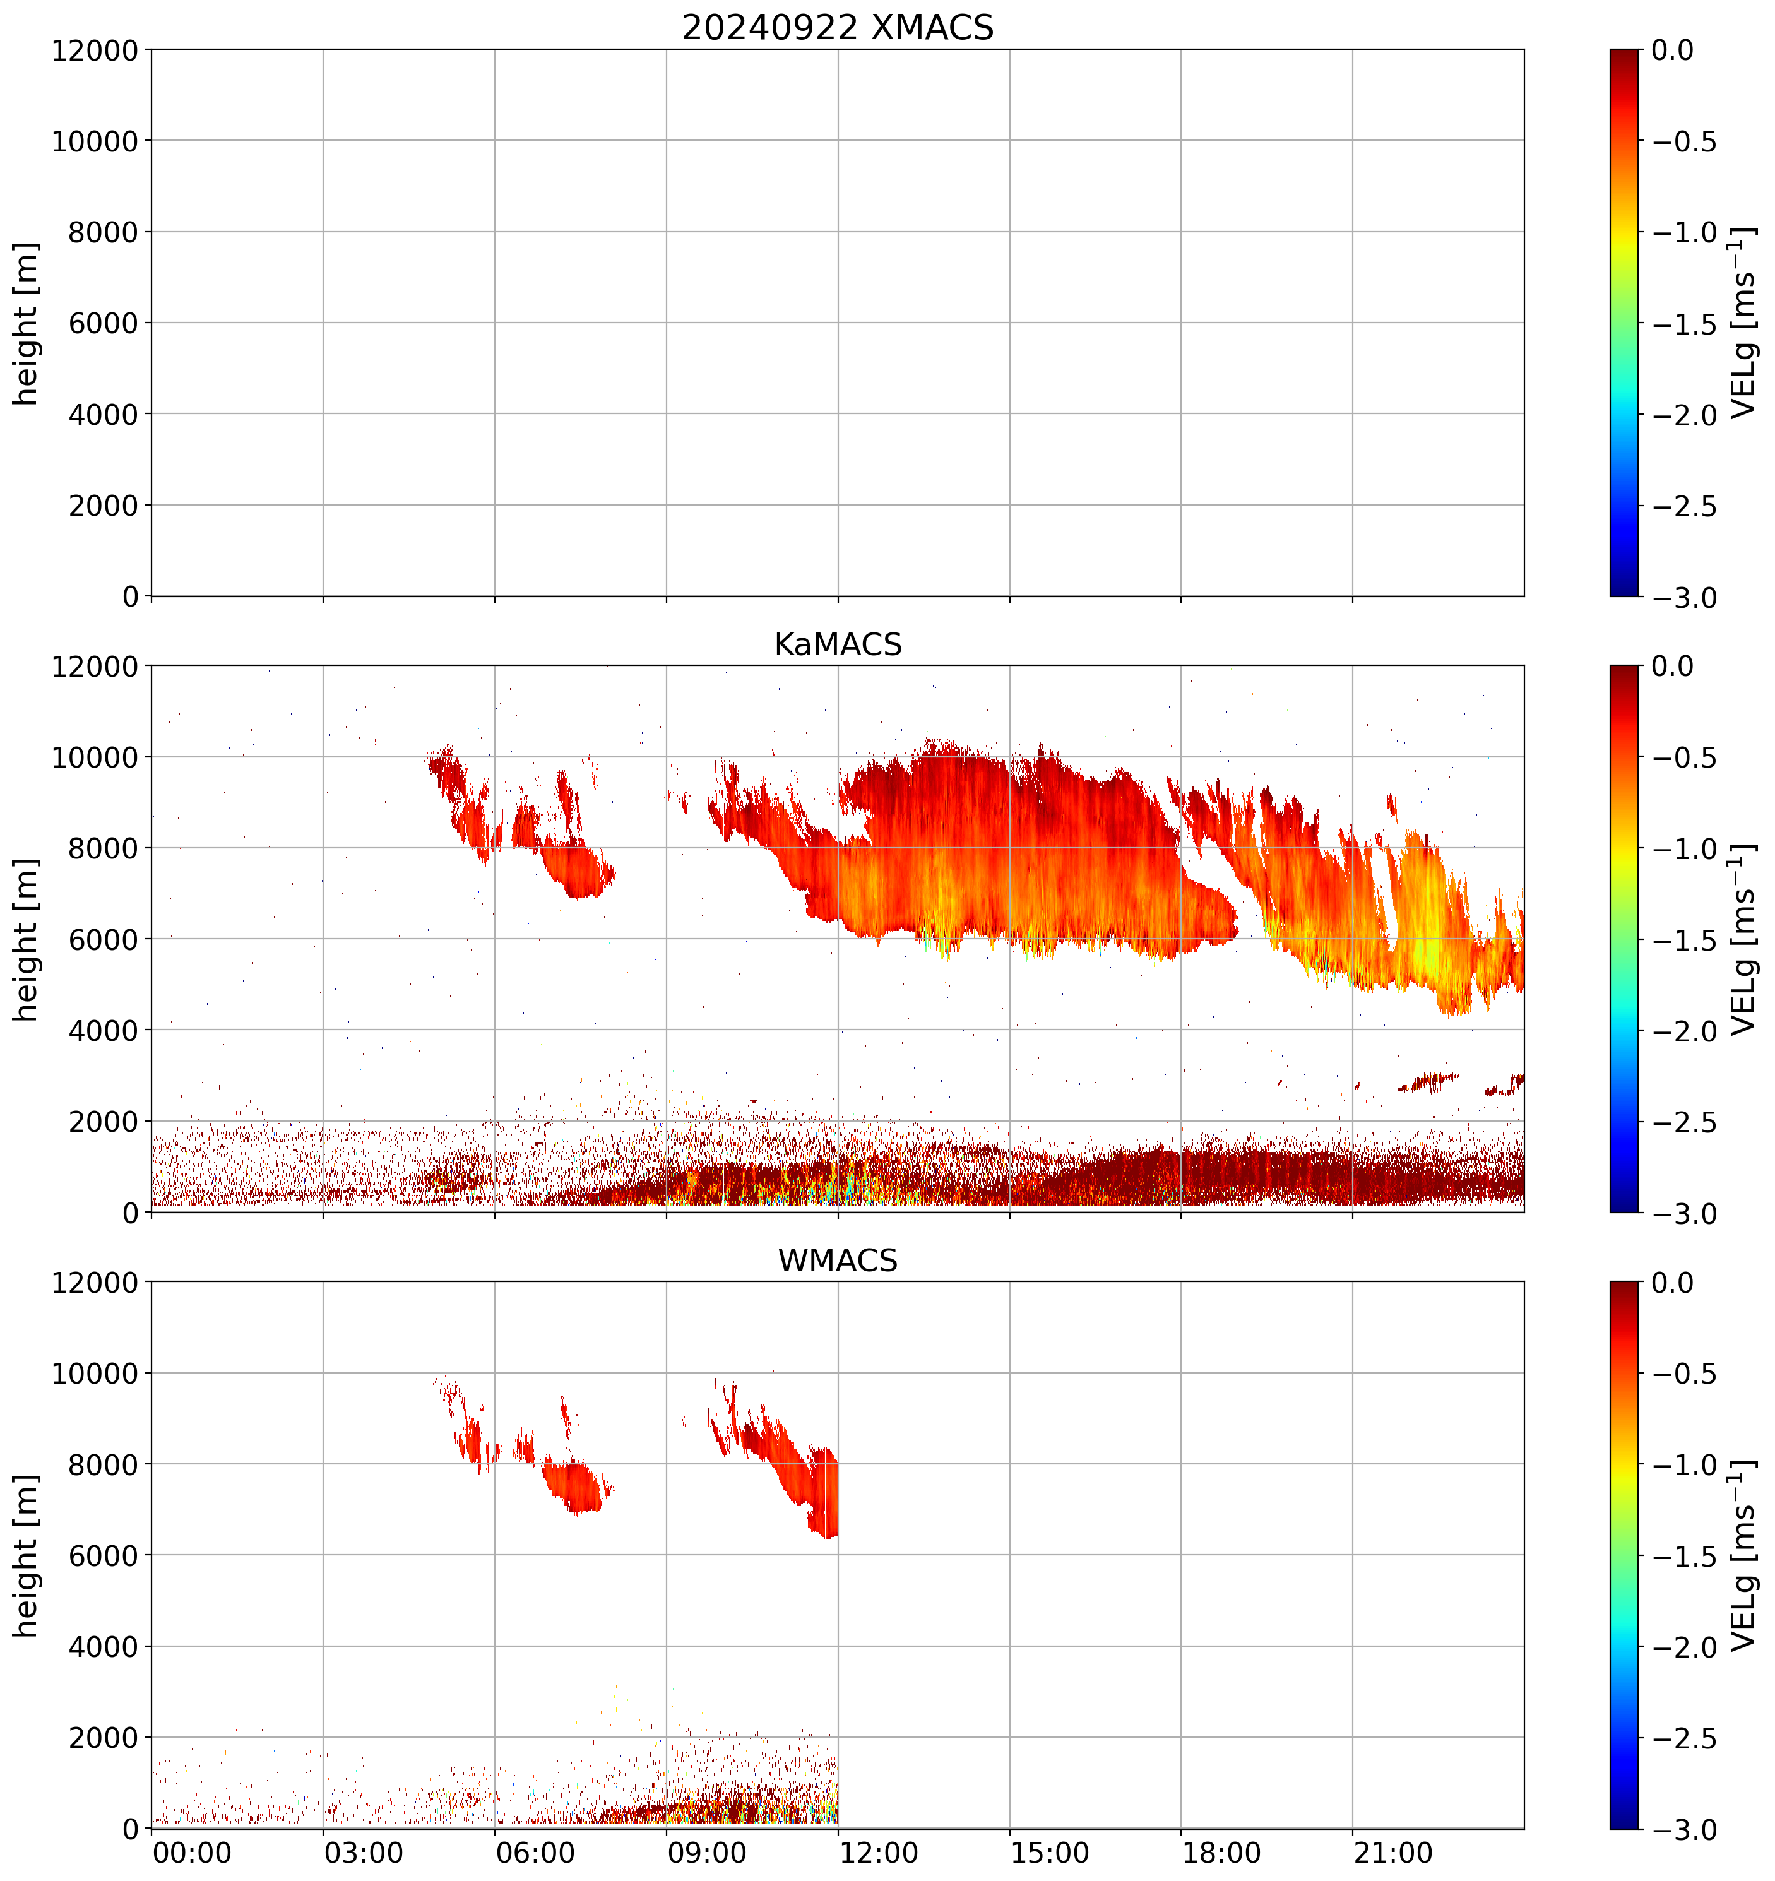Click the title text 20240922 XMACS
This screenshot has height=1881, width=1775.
click(838, 27)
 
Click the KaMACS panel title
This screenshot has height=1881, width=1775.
click(838, 644)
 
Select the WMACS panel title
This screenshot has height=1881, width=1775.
click(838, 1261)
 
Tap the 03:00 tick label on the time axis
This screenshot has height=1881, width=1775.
click(364, 1852)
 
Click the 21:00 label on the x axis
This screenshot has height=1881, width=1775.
click(1392, 1852)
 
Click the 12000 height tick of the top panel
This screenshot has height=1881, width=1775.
click(95, 50)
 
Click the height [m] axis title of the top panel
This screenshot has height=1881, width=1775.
click(27, 324)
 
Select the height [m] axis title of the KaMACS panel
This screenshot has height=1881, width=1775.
click(27, 940)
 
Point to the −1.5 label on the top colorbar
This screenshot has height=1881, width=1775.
click(1684, 324)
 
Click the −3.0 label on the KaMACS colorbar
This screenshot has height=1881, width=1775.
click(1684, 1214)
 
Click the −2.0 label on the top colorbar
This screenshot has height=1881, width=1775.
click(1684, 415)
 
